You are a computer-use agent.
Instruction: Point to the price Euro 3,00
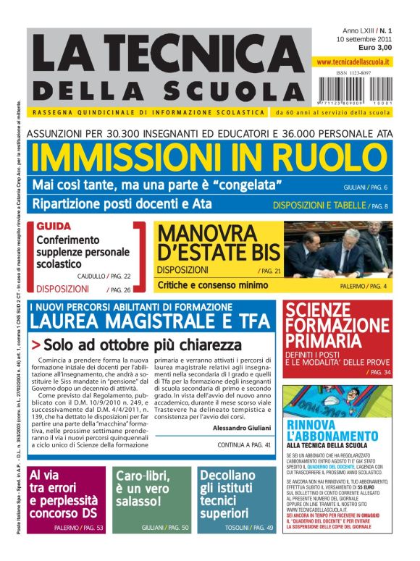374,47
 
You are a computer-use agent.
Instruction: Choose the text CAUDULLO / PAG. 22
125,276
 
